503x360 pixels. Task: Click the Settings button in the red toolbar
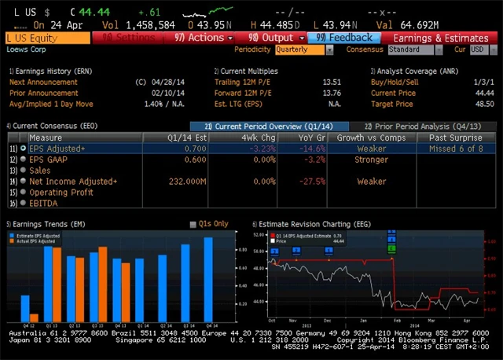pos(129,37)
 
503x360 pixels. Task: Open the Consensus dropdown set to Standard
pos(413,50)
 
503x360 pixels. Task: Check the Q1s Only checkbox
pos(193,224)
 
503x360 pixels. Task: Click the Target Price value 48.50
pos(483,103)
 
